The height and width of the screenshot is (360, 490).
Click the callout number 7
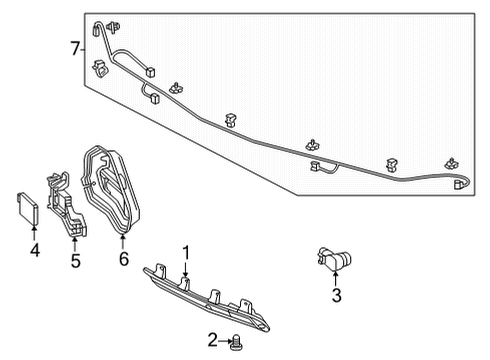(74, 48)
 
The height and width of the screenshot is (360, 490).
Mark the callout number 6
(124, 260)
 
